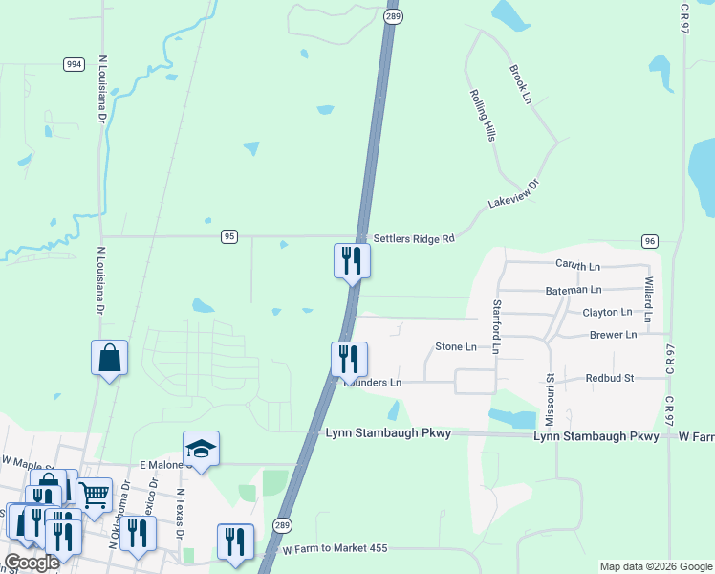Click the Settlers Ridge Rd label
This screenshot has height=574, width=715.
(x=413, y=238)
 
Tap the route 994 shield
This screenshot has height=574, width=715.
(x=74, y=64)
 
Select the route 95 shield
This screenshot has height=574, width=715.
(x=228, y=236)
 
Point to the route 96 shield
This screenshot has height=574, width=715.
(x=649, y=240)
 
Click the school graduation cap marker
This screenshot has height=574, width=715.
(x=201, y=449)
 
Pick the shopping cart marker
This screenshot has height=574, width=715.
(x=95, y=496)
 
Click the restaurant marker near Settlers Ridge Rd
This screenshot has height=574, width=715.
(x=351, y=260)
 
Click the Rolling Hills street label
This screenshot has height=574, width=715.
(x=482, y=116)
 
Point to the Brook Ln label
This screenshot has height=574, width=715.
(x=520, y=84)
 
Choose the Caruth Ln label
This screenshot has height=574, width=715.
(x=577, y=265)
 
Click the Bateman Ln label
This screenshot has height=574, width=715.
(x=574, y=289)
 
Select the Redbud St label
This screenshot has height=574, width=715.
(x=610, y=379)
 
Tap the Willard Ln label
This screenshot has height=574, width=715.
(x=648, y=299)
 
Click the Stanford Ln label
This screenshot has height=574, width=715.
(x=496, y=326)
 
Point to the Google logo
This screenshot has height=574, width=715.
(x=32, y=563)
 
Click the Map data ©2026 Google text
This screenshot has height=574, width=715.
(x=655, y=566)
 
